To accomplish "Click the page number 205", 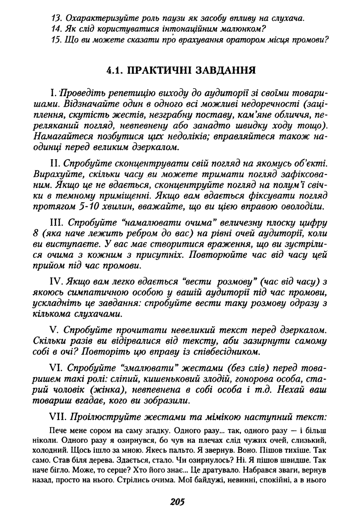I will (x=177, y=502).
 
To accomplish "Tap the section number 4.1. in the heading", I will (x=117, y=70).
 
